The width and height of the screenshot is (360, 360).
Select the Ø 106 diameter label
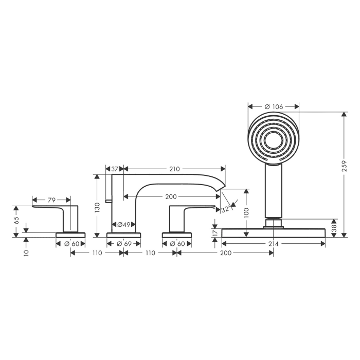click(x=274, y=106)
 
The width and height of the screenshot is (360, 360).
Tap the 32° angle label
click(x=225, y=209)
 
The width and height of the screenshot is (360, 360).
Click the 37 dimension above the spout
click(x=115, y=169)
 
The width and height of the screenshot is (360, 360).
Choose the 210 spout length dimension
click(x=174, y=169)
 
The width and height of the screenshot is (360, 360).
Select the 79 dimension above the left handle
click(x=51, y=199)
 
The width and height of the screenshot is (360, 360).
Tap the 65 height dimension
click(x=16, y=220)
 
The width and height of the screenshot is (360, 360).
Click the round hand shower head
click(x=274, y=138)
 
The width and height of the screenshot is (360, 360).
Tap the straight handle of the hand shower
click(x=274, y=190)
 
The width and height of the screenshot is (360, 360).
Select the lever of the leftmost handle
click(x=51, y=208)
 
